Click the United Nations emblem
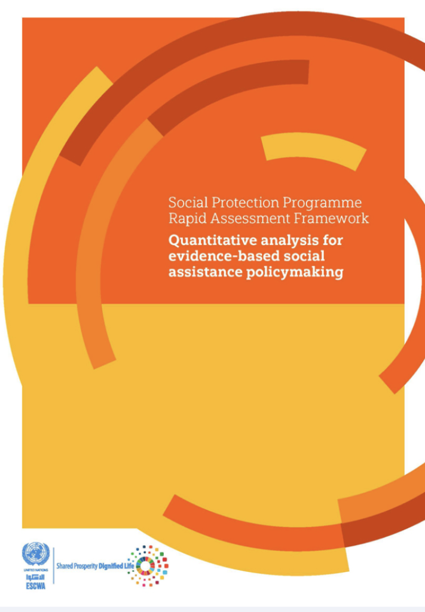36,554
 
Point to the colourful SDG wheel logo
148,565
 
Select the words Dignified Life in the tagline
117,565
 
